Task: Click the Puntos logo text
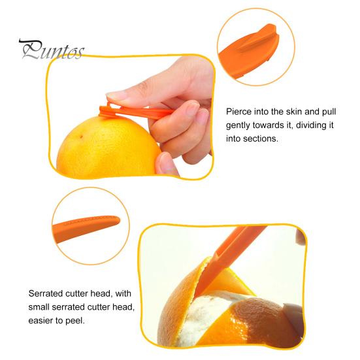[51, 50]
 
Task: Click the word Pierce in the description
[239, 112]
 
